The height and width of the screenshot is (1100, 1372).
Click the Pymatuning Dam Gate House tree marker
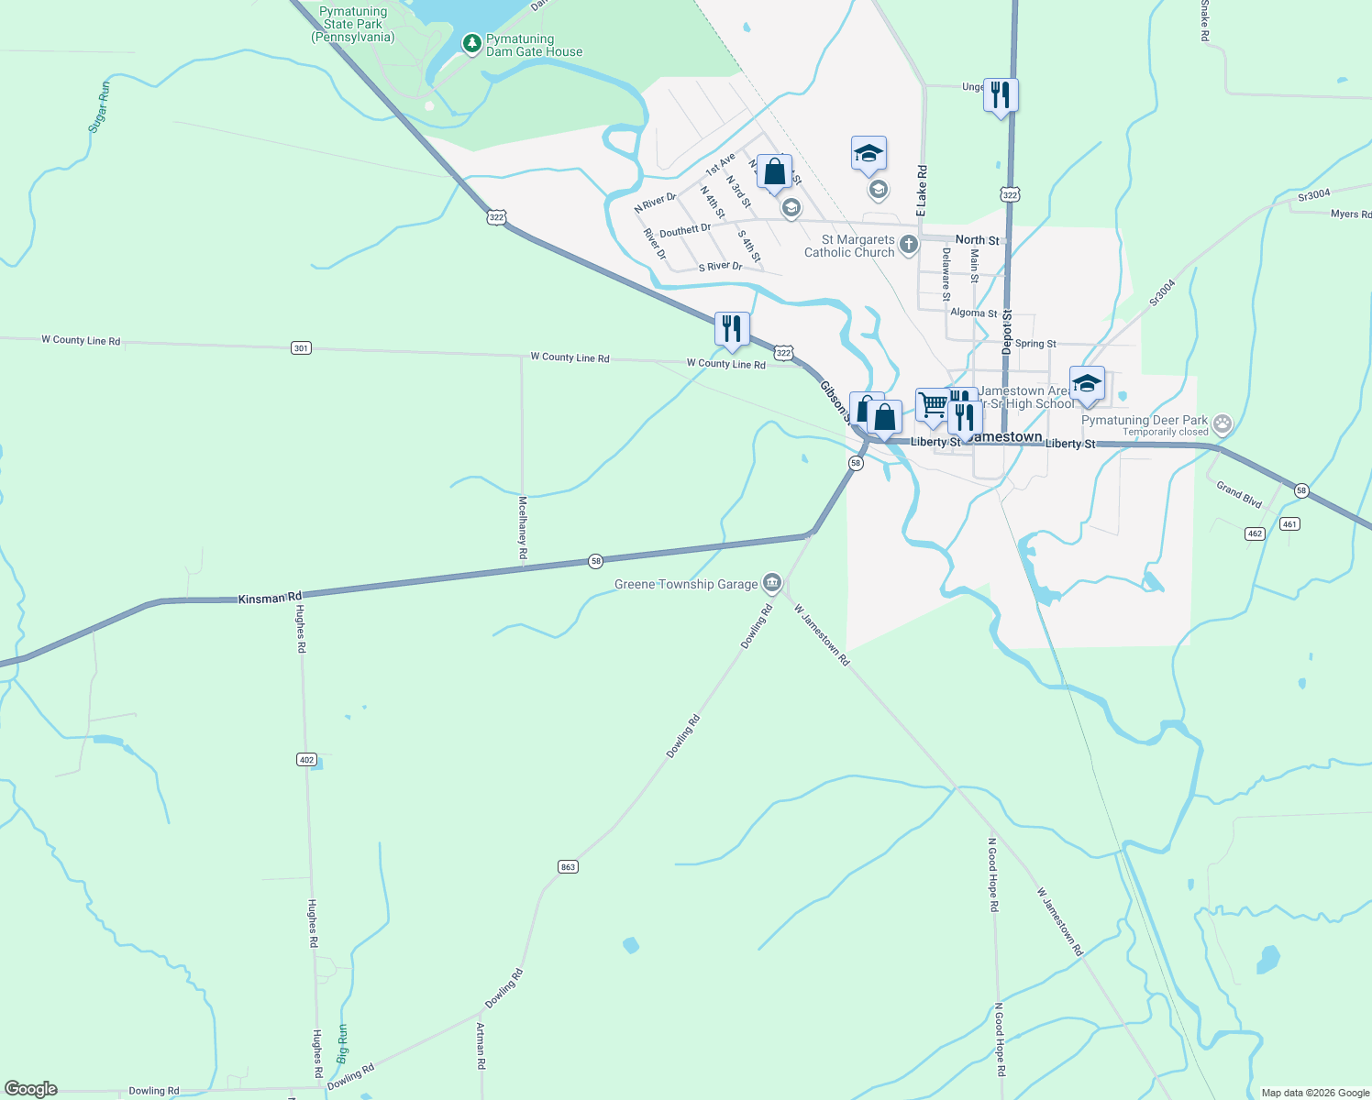471,43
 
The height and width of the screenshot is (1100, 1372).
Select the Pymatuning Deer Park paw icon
1222,424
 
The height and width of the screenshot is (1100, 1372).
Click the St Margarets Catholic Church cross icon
908,244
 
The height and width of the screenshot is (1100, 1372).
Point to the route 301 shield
301,347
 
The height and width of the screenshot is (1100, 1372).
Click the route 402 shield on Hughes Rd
306,759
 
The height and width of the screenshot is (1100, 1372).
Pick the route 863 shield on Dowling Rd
568,866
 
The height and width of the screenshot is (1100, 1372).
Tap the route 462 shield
1255,533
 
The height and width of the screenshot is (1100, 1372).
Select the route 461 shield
1289,524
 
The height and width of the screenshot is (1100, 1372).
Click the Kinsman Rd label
270,599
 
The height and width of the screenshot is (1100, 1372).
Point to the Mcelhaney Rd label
523,528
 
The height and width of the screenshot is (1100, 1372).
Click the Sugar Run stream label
100,106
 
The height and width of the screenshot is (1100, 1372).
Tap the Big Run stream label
343,1043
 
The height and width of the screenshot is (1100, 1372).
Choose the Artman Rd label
481,1046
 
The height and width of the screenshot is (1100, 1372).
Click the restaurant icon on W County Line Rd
732,328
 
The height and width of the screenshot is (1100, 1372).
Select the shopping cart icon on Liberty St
932,404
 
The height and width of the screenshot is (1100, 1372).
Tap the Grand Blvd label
1239,495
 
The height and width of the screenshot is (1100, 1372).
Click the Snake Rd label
1205,21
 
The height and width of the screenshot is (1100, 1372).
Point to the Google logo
31,1089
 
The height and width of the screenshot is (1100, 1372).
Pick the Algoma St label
973,313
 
